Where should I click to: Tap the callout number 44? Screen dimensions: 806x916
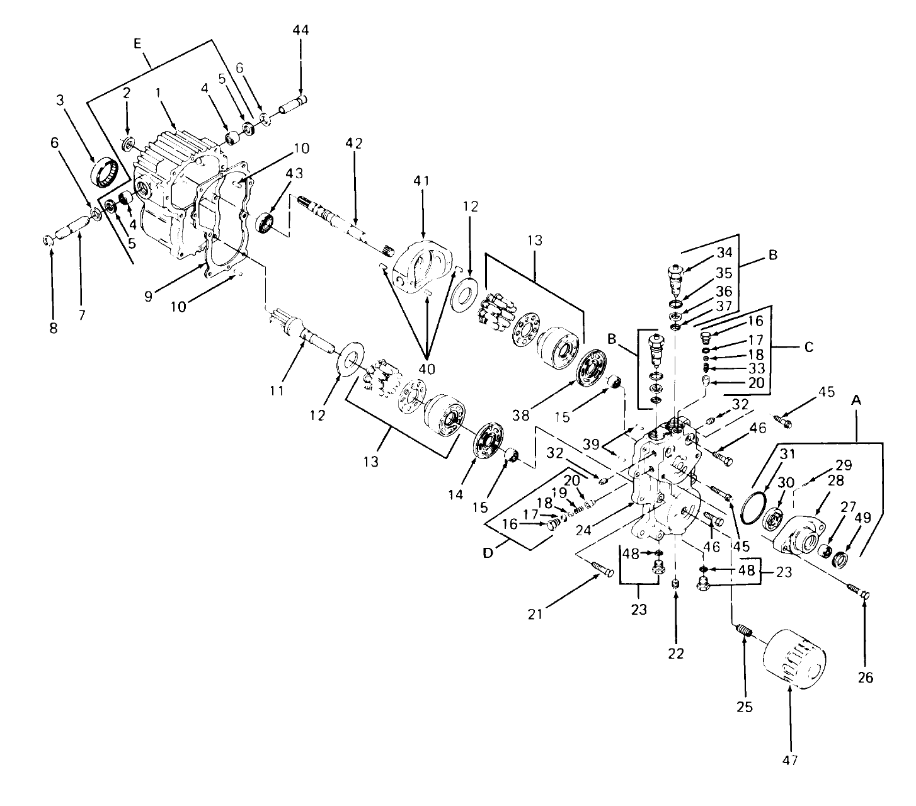tap(301, 30)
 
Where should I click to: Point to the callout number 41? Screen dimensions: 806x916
tap(421, 181)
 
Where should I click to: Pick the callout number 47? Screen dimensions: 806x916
tap(790, 760)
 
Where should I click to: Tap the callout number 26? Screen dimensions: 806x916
tap(866, 677)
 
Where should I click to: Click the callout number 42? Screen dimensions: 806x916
tap(354, 144)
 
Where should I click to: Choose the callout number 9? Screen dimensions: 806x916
tap(149, 295)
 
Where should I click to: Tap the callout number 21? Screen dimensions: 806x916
tap(535, 614)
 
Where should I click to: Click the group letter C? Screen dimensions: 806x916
tap(809, 346)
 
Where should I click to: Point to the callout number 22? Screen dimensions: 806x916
tap(675, 654)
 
